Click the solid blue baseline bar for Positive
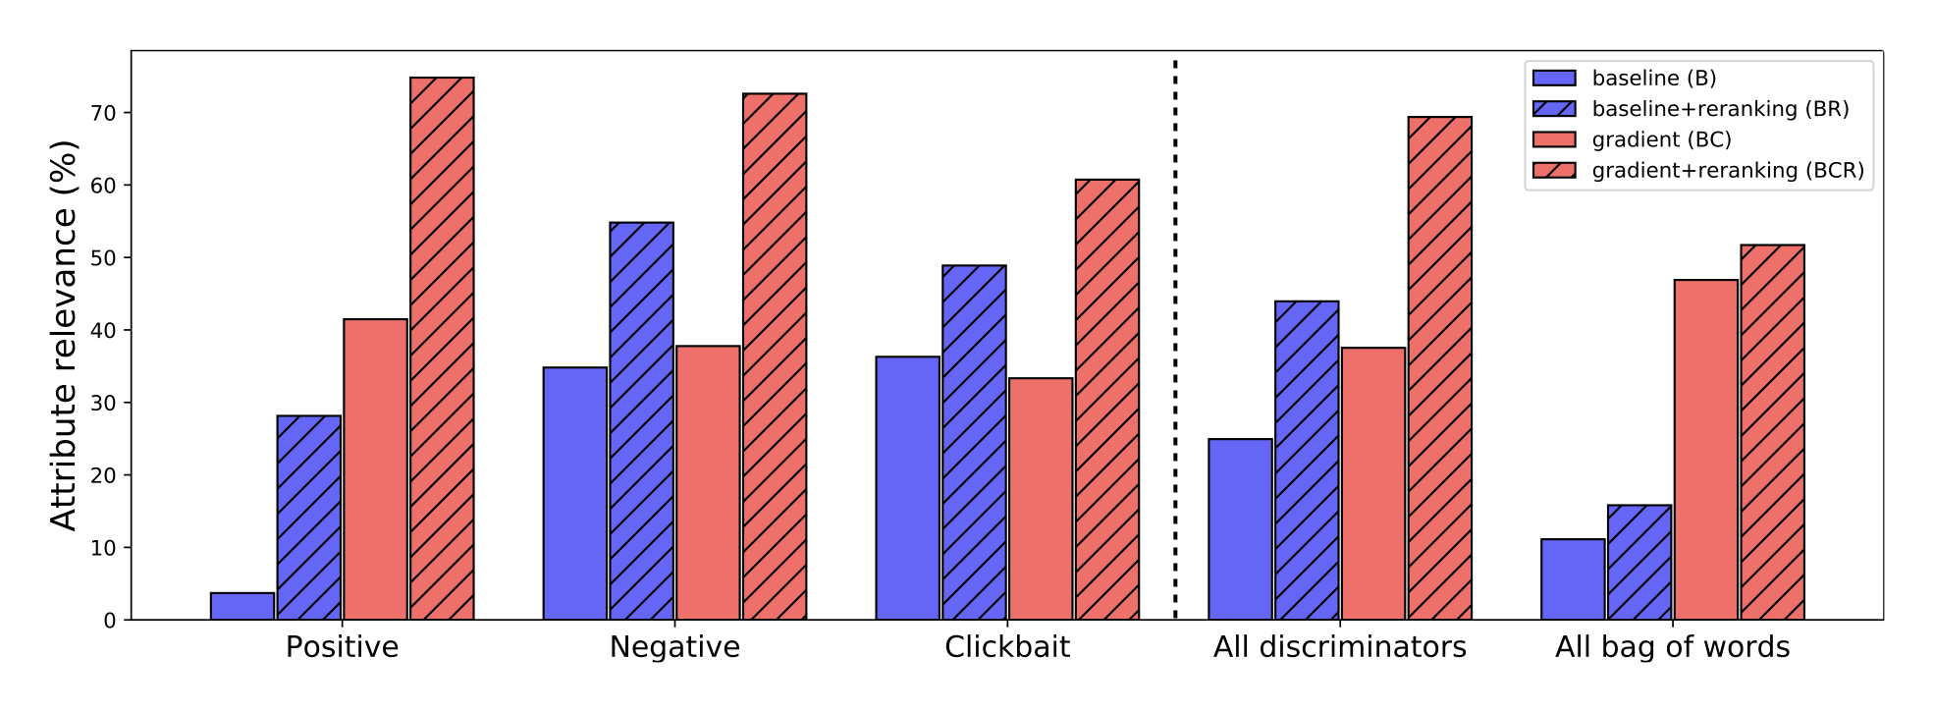[x=242, y=606]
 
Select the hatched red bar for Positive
[x=442, y=349]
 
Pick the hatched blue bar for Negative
[x=641, y=421]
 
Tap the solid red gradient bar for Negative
[x=708, y=482]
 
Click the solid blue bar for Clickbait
[x=907, y=488]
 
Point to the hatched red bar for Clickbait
[x=1107, y=400]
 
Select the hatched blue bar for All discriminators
[x=1307, y=461]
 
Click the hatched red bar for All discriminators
[x=1439, y=368]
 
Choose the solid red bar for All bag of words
[x=1706, y=450]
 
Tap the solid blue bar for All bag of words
[x=1573, y=579]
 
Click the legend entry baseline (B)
[x=1653, y=79]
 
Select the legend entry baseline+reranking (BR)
[x=1720, y=109]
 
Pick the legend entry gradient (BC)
[x=1661, y=139]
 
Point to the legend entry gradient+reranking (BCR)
[x=1728, y=171]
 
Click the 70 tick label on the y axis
[x=103, y=113]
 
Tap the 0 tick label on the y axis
[x=110, y=621]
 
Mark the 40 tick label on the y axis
[x=103, y=331]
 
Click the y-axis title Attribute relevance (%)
[x=64, y=335]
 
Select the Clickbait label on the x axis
[x=1007, y=647]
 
